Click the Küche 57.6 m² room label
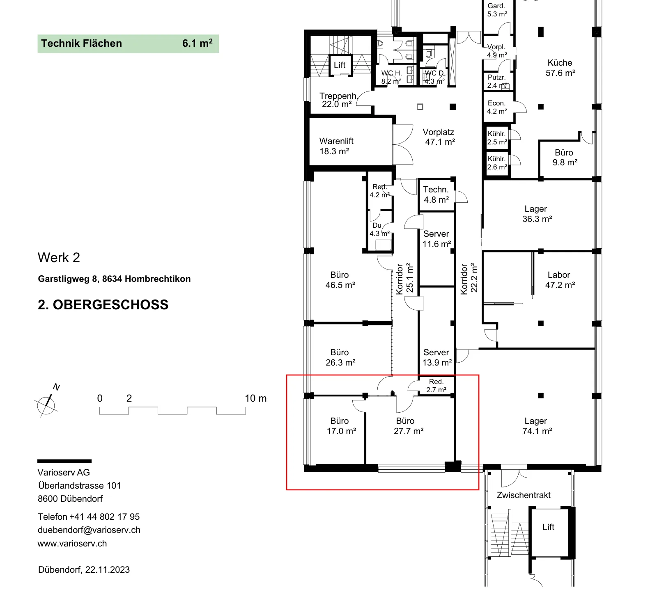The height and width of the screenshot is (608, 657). [x=560, y=68]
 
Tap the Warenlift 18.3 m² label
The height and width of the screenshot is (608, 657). [x=336, y=146]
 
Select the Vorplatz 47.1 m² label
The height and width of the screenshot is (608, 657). [x=439, y=137]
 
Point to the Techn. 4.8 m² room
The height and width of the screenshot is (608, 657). [x=436, y=194]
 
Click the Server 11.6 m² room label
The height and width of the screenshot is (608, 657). [x=436, y=239]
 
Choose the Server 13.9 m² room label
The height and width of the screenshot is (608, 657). [x=437, y=357]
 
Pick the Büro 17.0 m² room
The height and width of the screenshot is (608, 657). [x=341, y=426]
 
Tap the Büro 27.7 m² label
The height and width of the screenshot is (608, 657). [x=408, y=426]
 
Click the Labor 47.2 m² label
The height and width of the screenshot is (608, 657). [x=560, y=280]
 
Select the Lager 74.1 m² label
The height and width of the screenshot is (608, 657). [x=537, y=426]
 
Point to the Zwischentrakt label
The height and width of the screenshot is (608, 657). [x=524, y=495]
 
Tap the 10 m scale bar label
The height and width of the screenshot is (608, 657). [x=255, y=398]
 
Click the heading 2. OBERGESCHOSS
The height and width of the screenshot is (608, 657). [x=103, y=305]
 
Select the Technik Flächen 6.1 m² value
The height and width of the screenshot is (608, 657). [x=198, y=43]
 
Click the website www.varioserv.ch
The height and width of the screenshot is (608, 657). [x=72, y=544]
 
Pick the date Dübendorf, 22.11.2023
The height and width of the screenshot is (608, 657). [x=84, y=570]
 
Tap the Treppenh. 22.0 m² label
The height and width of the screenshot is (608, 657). [x=338, y=100]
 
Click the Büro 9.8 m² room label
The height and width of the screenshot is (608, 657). [x=565, y=158]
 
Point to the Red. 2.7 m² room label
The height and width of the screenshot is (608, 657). [x=436, y=386]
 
